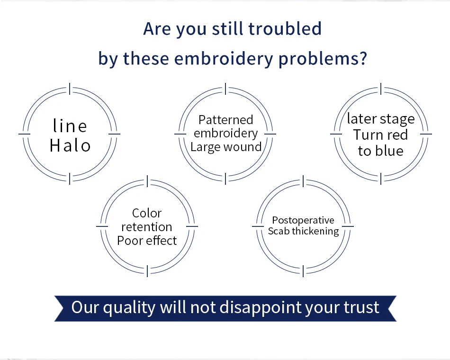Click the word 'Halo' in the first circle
(x=70, y=145)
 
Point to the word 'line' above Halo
(x=70, y=126)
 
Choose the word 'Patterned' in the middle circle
(x=226, y=120)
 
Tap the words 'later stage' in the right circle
(x=381, y=119)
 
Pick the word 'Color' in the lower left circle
(x=147, y=213)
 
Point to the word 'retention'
(x=147, y=227)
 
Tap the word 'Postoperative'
(x=303, y=220)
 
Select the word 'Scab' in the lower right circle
(x=279, y=231)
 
